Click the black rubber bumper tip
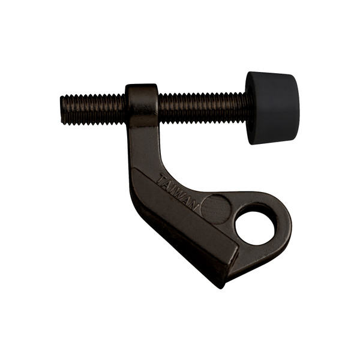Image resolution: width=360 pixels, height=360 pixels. [273, 108]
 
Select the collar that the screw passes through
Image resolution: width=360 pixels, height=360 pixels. [142, 106]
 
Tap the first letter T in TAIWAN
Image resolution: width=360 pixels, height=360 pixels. [160, 179]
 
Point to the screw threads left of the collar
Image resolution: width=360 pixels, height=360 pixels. [93, 109]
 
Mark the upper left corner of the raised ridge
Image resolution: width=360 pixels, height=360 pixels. [135, 171]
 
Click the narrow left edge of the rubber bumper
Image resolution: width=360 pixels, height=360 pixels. [250, 108]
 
